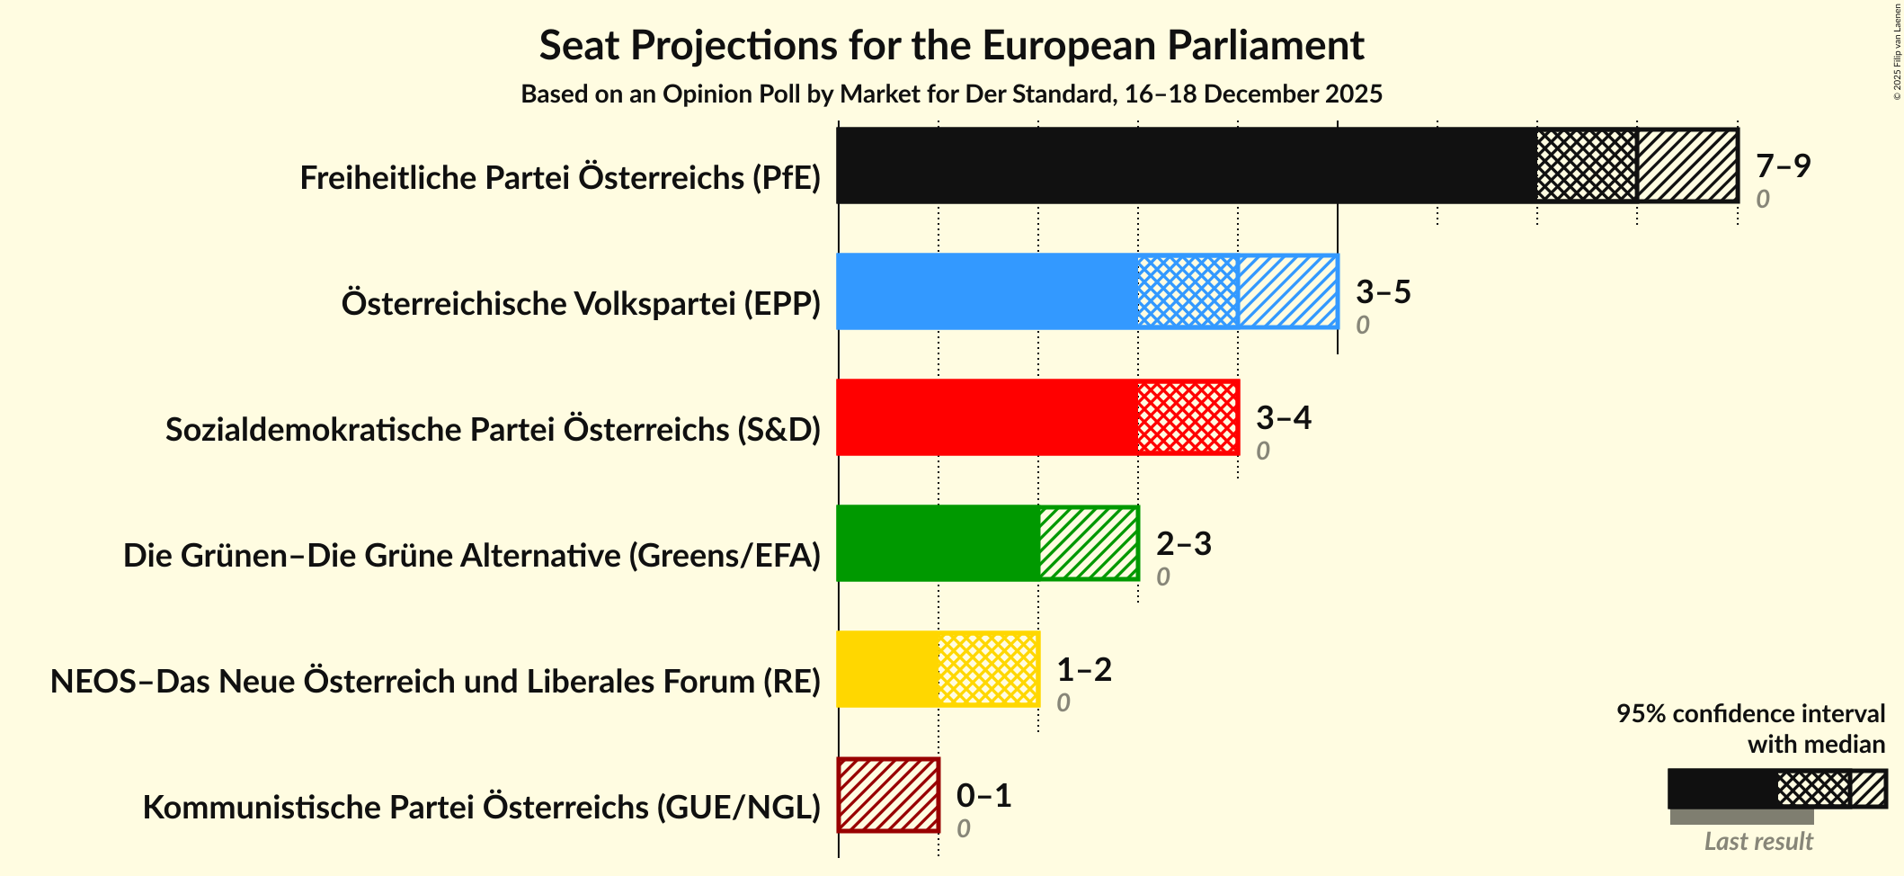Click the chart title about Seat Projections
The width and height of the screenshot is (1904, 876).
pyautogui.click(x=951, y=46)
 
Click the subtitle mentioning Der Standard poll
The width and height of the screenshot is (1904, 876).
pyautogui.click(x=951, y=94)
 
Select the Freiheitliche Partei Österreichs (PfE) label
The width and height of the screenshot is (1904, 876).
pyautogui.click(x=560, y=178)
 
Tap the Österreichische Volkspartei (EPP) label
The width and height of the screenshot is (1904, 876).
pyautogui.click(x=581, y=304)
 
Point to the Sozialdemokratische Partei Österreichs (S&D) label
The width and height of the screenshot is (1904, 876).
pyautogui.click(x=493, y=430)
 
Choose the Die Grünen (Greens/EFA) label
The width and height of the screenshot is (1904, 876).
pyautogui.click(x=472, y=556)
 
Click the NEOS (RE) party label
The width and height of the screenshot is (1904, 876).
pyautogui.click(x=435, y=682)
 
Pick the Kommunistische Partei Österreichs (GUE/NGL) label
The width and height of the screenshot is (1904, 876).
pyautogui.click(x=482, y=808)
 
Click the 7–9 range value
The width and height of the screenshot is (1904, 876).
pyautogui.click(x=1783, y=165)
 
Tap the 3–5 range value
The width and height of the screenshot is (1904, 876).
pyautogui.click(x=1383, y=291)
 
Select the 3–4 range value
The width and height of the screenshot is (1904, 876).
pyautogui.click(x=1283, y=417)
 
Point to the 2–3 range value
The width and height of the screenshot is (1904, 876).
pyautogui.click(x=1183, y=543)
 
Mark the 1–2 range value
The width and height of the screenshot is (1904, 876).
pyautogui.click(x=1083, y=669)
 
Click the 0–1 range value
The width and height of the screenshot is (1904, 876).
pyautogui.click(x=983, y=795)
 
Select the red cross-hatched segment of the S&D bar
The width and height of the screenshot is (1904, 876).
pyautogui.click(x=1188, y=417)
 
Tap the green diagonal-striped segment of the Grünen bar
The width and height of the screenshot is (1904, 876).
pyautogui.click(x=1088, y=543)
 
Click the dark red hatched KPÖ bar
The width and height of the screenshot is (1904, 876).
pyautogui.click(x=888, y=795)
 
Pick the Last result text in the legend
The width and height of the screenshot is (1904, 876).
pyautogui.click(x=1757, y=842)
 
